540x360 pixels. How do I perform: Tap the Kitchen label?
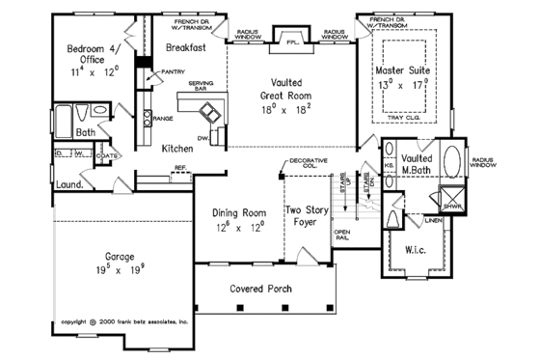(176, 149)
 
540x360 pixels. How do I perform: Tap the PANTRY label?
(174, 71)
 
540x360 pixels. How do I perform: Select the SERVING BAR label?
(201, 87)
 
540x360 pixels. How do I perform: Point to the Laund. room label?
(67, 180)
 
